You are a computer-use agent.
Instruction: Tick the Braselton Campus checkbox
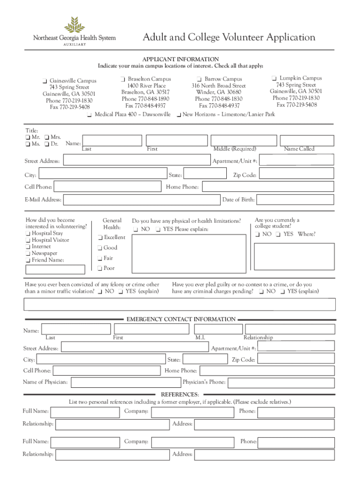coord(122,79)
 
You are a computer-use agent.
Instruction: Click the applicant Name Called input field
coord(306,140)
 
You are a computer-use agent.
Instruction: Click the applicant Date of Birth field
coord(295,200)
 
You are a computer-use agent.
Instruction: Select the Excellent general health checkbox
coord(99,238)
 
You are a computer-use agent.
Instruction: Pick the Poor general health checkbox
coord(99,269)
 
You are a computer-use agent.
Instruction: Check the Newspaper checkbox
coord(28,254)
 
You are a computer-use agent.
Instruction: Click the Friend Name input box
coord(55,269)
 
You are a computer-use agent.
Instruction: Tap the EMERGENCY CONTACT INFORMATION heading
coord(181,319)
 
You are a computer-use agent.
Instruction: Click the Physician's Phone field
coord(281,383)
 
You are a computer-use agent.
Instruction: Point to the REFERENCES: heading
coord(180,394)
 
